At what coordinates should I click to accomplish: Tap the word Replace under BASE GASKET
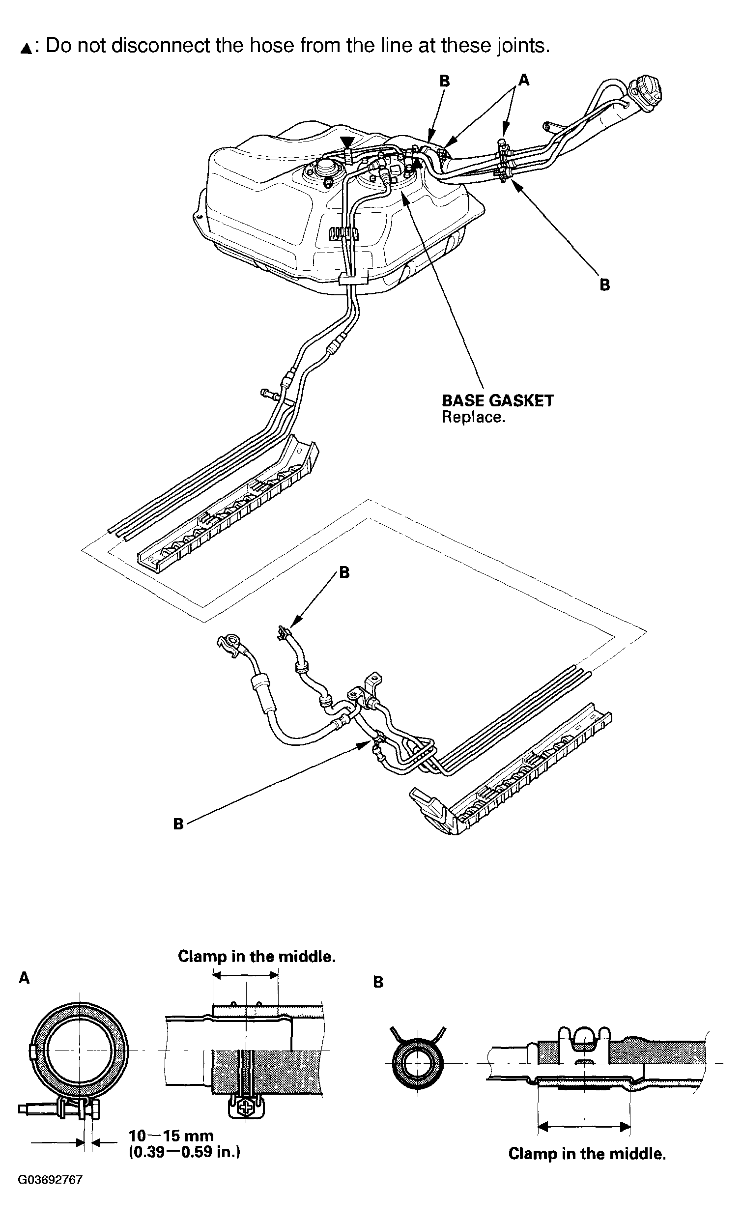click(x=473, y=417)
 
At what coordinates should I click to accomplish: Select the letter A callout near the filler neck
click(x=524, y=80)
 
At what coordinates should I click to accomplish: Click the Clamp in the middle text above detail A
click(x=257, y=956)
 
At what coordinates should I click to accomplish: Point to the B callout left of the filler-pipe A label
click(x=445, y=81)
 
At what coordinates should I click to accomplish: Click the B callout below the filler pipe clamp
click(x=604, y=285)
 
